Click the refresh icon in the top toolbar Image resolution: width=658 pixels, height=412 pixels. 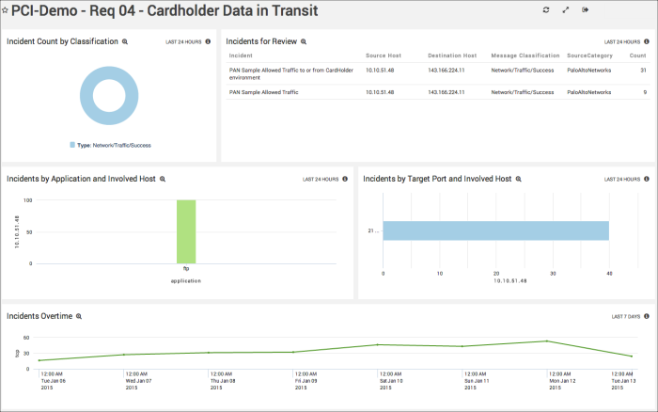(x=545, y=9)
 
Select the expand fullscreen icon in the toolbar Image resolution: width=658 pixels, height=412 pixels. (x=565, y=9)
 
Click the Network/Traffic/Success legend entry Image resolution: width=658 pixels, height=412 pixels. (x=110, y=145)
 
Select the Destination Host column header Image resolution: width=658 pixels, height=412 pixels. (x=451, y=56)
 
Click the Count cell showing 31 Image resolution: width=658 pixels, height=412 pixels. (x=642, y=71)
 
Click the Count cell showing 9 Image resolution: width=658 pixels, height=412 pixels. (x=643, y=92)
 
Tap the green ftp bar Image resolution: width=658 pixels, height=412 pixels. (x=186, y=231)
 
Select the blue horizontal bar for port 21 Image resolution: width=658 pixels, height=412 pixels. (x=495, y=230)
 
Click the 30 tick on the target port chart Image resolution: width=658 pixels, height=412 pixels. (x=553, y=274)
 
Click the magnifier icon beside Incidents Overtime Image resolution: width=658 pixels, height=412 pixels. (x=79, y=317)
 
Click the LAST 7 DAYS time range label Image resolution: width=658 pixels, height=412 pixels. (x=626, y=317)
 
